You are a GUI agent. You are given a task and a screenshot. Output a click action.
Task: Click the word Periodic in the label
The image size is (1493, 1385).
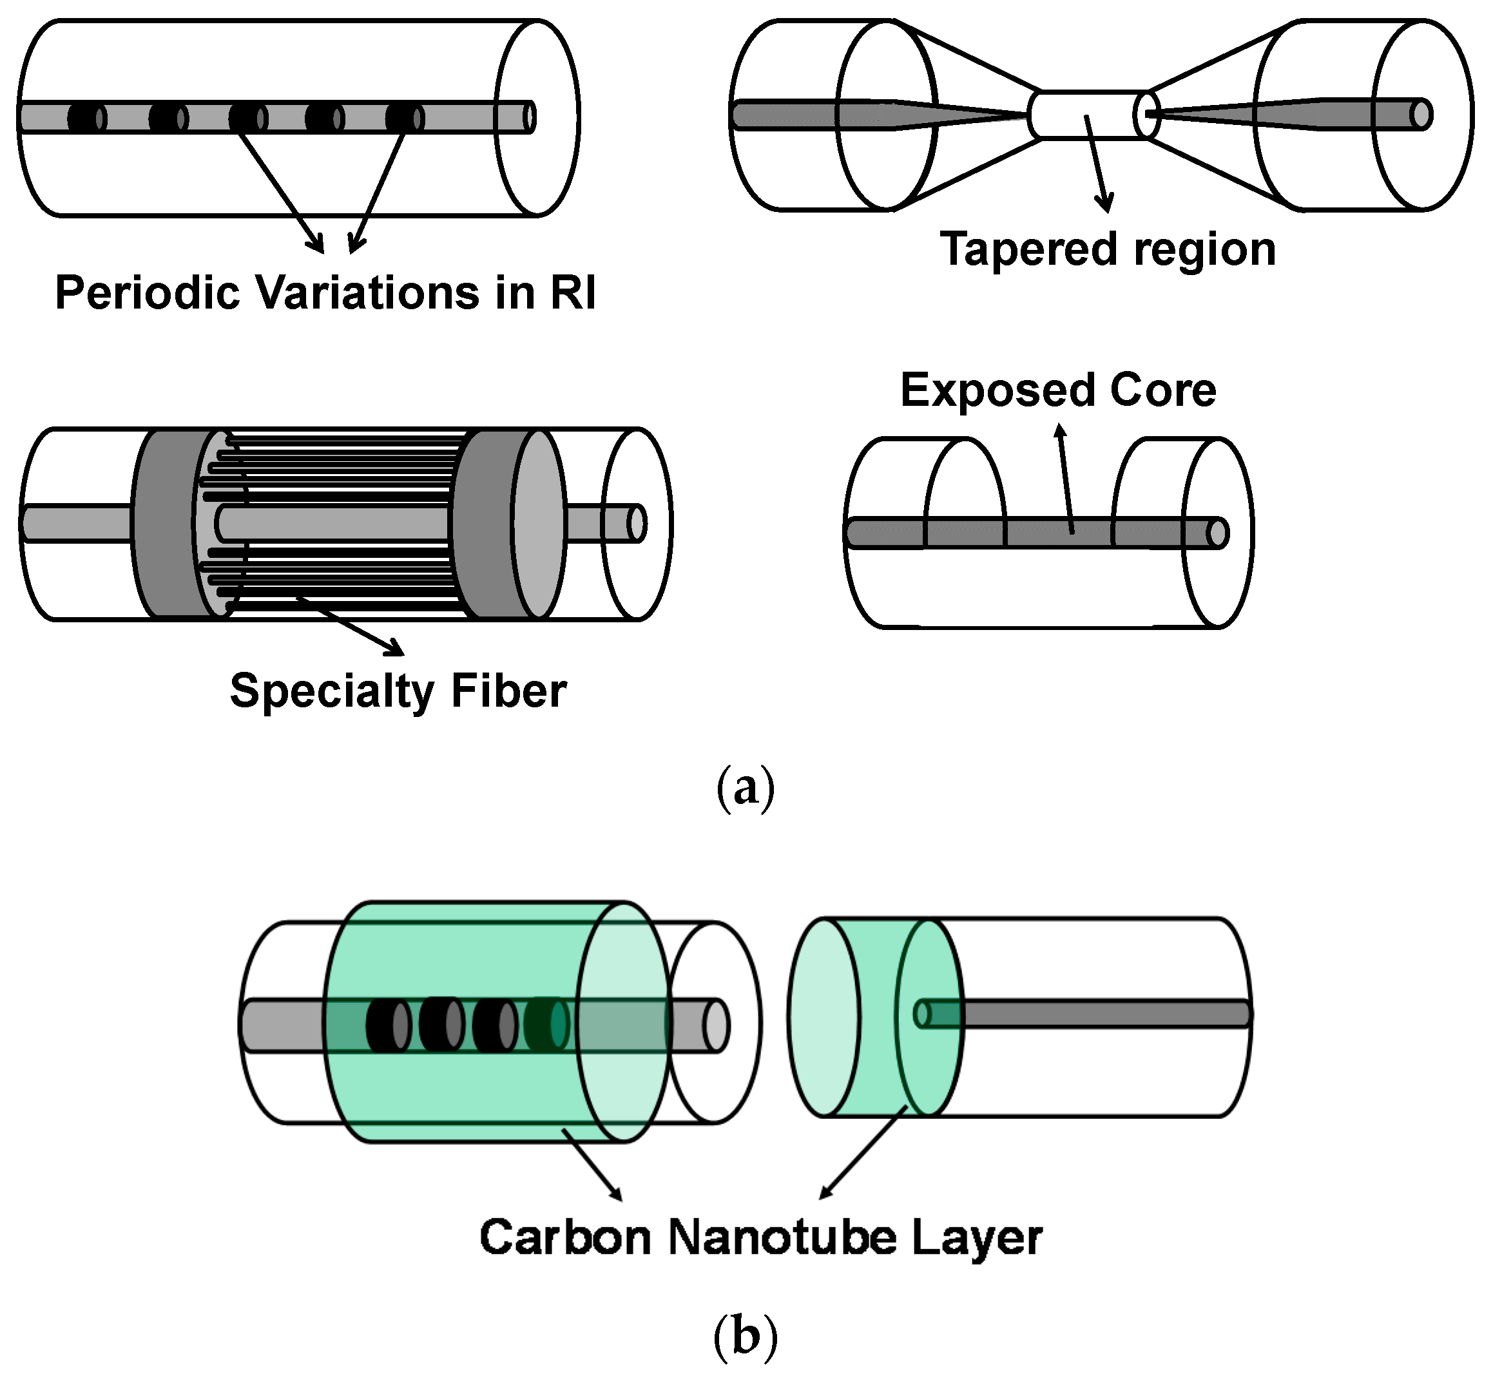click(x=147, y=293)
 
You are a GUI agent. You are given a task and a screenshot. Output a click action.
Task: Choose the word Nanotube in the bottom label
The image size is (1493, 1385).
click(x=782, y=1238)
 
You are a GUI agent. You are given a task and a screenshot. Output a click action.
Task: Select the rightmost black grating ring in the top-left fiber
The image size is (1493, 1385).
click(x=403, y=118)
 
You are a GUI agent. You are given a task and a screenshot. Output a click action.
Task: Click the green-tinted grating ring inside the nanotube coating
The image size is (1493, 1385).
click(x=546, y=1024)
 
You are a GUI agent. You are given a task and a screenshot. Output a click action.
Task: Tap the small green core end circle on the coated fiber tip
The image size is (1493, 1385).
click(x=922, y=1014)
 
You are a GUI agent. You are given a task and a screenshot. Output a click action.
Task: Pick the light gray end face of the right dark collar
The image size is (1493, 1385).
click(x=539, y=524)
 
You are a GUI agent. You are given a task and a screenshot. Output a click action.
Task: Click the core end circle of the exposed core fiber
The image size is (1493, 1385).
click(x=1217, y=533)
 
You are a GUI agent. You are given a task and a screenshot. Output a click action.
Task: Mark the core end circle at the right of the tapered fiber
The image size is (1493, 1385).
click(x=1419, y=115)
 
